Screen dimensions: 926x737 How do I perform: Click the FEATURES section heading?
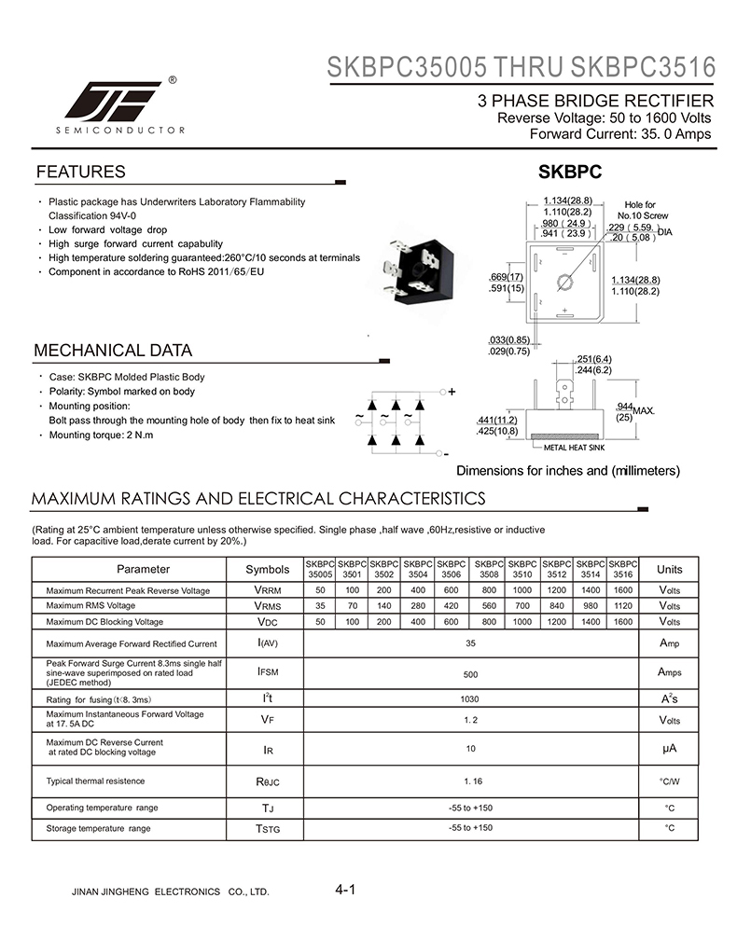click(x=80, y=173)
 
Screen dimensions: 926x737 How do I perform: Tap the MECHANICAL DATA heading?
click(x=113, y=352)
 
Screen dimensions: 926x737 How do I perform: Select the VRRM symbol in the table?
click(x=267, y=590)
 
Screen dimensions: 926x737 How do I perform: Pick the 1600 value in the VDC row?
click(x=623, y=622)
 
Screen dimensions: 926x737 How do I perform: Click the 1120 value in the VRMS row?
click(x=623, y=606)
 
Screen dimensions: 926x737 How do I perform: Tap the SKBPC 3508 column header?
click(x=488, y=569)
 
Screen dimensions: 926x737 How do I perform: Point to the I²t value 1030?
click(x=470, y=698)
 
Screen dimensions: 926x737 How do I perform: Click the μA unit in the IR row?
click(x=669, y=749)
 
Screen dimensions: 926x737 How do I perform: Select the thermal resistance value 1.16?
click(x=472, y=781)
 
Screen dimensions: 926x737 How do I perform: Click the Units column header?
click(x=669, y=569)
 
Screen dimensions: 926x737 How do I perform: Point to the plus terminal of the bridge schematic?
click(x=452, y=393)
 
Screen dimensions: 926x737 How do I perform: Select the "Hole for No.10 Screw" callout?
click(x=640, y=210)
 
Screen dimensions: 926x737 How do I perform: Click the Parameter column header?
click(x=143, y=569)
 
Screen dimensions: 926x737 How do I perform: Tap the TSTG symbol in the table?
click(x=267, y=829)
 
